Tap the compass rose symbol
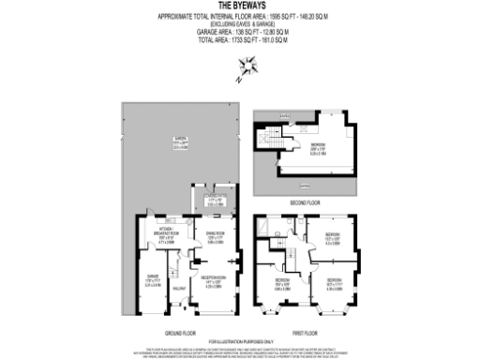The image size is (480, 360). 249,66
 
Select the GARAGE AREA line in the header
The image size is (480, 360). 240,32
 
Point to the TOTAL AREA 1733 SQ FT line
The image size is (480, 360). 240,38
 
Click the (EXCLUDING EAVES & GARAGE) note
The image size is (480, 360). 240,24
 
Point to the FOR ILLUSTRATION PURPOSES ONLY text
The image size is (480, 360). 240,342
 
